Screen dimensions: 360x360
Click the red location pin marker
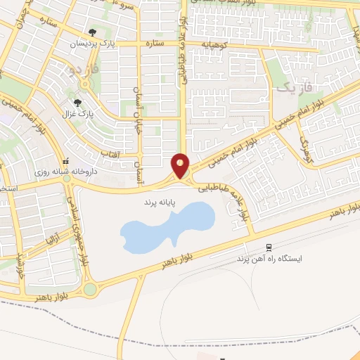pos(181,165)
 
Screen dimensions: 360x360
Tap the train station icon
pos(269,247)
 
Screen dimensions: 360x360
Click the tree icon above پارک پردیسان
pos(93,32)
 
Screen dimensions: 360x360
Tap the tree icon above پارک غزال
pos(77,102)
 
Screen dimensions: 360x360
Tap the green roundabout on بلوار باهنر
pos(90,289)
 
